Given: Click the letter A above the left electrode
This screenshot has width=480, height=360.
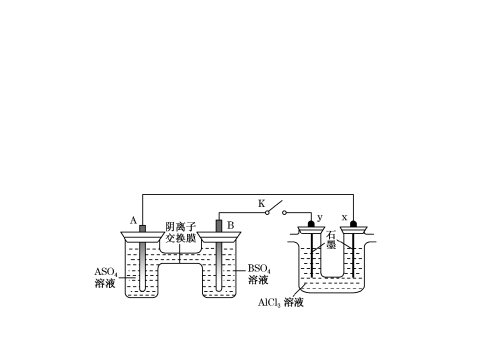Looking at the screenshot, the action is click(x=133, y=220).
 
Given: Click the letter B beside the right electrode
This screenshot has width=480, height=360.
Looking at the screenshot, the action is click(x=230, y=225).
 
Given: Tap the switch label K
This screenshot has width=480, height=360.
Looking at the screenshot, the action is click(x=261, y=203).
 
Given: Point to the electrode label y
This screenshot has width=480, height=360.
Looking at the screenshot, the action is click(x=320, y=217).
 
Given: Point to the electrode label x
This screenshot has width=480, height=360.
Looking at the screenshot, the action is click(x=344, y=217).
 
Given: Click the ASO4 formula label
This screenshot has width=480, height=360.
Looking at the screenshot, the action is click(x=105, y=272).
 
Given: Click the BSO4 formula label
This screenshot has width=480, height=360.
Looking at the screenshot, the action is click(x=259, y=269).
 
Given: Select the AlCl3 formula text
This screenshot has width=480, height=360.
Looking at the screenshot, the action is click(x=269, y=302).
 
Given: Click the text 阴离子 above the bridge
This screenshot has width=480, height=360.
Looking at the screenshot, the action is click(x=180, y=227).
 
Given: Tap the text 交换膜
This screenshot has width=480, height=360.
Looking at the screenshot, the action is click(x=180, y=237).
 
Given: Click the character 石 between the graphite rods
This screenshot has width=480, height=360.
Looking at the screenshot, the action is click(x=331, y=235).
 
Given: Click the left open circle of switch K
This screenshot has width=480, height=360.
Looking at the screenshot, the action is click(x=267, y=212).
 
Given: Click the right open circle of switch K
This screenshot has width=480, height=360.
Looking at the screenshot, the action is click(x=284, y=212).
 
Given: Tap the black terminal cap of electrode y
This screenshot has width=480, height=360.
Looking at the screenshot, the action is click(x=311, y=224).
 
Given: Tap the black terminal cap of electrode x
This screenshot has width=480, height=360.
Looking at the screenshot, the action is click(x=353, y=224).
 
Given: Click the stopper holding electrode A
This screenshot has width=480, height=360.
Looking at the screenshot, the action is click(x=142, y=237).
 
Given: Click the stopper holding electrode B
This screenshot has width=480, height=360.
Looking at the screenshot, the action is click(x=219, y=237).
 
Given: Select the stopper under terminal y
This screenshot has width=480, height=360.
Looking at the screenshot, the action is click(x=311, y=230).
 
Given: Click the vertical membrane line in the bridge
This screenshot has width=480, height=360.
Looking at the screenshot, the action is click(x=179, y=253).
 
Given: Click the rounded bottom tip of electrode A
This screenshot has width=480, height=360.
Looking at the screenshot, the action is click(x=142, y=290).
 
